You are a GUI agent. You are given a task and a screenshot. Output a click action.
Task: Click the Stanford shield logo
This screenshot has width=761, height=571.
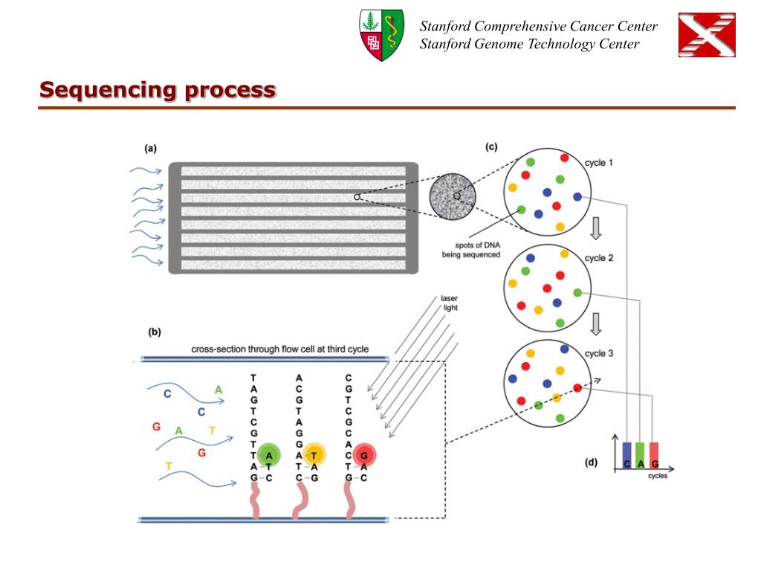pos(381,35)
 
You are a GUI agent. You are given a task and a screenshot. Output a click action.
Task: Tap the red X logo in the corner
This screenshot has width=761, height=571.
pos(707,35)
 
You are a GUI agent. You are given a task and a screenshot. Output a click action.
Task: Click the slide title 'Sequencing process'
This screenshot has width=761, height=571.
pos(158,90)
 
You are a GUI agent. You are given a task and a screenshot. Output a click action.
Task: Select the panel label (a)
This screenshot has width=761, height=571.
pos(150,149)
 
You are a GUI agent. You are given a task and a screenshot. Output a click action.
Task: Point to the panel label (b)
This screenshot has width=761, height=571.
pos(155,332)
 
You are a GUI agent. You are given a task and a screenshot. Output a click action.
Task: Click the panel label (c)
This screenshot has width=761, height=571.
pos(491,146)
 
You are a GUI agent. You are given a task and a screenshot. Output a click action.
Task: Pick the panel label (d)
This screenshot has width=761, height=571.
pos(591,462)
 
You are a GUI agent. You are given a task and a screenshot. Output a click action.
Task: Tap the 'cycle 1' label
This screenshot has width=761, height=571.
pos(599,163)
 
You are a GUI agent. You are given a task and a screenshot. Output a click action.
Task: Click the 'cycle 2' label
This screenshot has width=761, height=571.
pos(599,258)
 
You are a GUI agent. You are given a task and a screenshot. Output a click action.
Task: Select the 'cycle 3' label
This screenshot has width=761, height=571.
pos(599,353)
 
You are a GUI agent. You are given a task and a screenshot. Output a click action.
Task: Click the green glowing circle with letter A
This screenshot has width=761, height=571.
pos(268,455)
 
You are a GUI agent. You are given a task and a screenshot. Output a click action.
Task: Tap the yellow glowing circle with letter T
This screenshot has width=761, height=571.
pos(314,455)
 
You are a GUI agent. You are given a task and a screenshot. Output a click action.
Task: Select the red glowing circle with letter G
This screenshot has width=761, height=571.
pos(364,455)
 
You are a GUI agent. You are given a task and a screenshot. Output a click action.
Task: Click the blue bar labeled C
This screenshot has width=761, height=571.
pos(627,456)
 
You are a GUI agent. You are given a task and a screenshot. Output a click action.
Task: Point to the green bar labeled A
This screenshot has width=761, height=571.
pos(640,456)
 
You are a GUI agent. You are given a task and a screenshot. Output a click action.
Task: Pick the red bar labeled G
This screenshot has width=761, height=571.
pos(654,456)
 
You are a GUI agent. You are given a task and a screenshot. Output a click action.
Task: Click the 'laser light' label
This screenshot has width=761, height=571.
pos(450,303)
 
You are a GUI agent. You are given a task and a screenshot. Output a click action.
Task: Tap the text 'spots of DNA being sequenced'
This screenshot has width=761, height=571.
pos(470,250)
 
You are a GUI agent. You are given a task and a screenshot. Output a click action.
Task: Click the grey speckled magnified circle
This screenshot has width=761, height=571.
pos(453,196)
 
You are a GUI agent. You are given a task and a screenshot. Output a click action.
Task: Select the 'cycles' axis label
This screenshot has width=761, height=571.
pos(658,476)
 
